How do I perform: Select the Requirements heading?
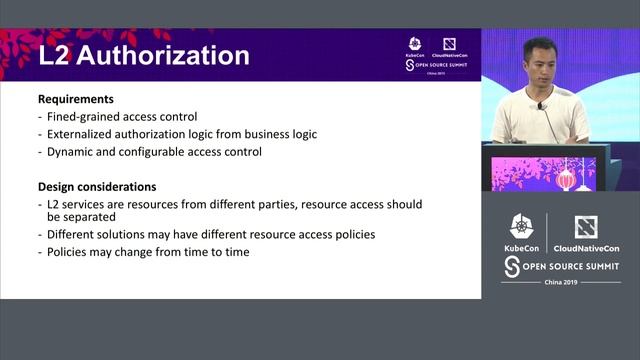coord(75,100)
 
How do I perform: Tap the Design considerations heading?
coord(98,187)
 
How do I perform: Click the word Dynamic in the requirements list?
coord(69,152)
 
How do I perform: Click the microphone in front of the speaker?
coord(541,105)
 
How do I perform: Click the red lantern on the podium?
coord(565,179)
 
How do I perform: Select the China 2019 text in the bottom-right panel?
coord(560,282)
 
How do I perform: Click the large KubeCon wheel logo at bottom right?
coord(521,228)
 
